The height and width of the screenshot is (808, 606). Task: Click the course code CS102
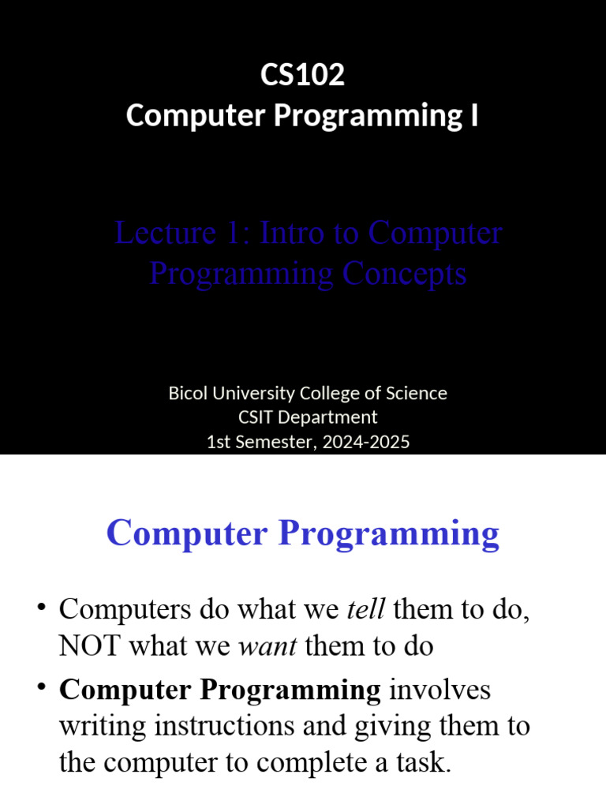pyautogui.click(x=302, y=76)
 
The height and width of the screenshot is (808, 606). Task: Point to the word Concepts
pyautogui.click(x=404, y=274)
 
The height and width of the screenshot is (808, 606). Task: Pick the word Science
pyautogui.click(x=415, y=393)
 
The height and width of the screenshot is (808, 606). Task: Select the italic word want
pyautogui.click(x=267, y=647)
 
